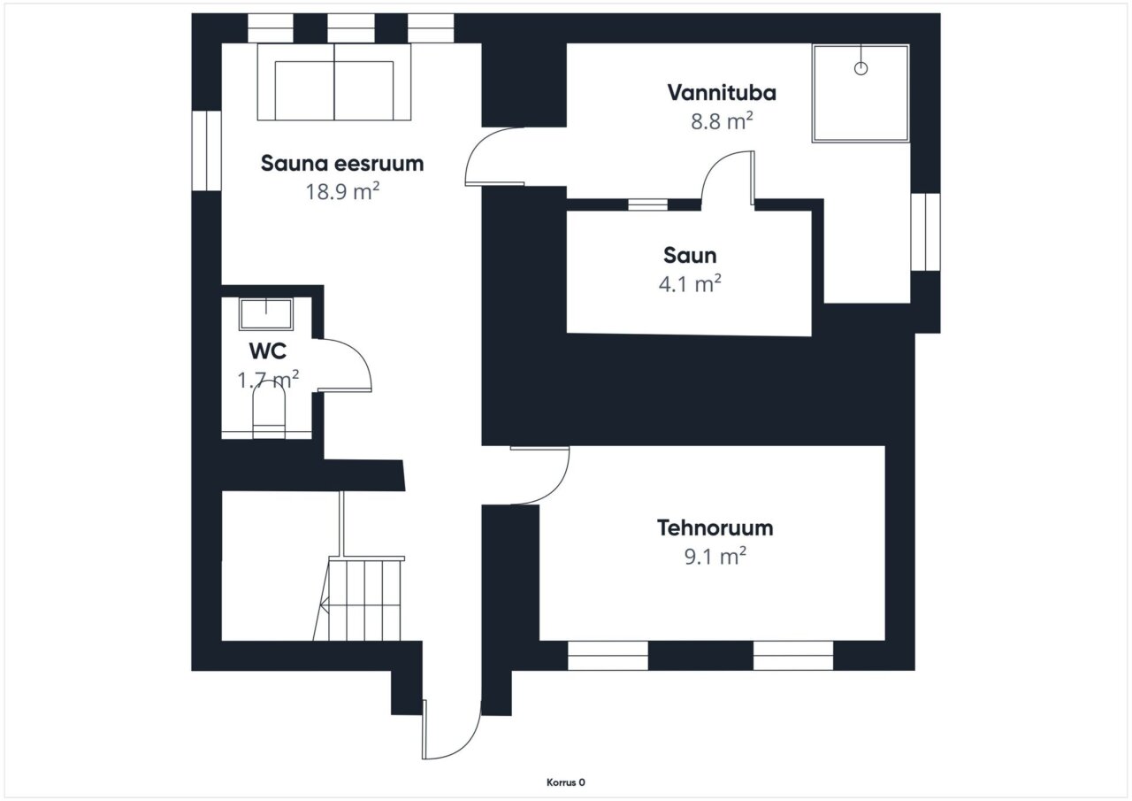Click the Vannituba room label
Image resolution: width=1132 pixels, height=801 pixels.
pyautogui.click(x=722, y=93)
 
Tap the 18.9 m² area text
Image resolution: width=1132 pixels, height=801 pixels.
pyautogui.click(x=342, y=191)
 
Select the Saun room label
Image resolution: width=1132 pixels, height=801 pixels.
pyautogui.click(x=690, y=256)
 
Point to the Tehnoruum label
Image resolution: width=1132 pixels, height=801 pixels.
pyautogui.click(x=715, y=528)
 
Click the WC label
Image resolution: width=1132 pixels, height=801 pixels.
pyautogui.click(x=268, y=351)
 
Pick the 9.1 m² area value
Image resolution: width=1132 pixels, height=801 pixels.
pyautogui.click(x=715, y=556)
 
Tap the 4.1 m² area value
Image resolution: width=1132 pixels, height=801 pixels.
pyautogui.click(x=690, y=284)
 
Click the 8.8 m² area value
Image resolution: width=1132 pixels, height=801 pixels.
pyautogui.click(x=722, y=121)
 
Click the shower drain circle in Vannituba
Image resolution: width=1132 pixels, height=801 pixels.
pyautogui.click(x=860, y=68)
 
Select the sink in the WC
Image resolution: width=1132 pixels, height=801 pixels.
pyautogui.click(x=266, y=314)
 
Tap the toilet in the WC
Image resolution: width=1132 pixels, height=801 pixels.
pyautogui.click(x=268, y=410)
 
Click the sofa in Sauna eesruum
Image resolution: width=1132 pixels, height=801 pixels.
pyautogui.click(x=334, y=82)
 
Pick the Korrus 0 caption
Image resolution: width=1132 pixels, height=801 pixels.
pyautogui.click(x=565, y=782)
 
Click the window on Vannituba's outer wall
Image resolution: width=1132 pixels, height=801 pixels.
pyautogui.click(x=925, y=232)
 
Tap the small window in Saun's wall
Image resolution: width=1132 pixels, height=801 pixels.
pyautogui.click(x=648, y=204)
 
